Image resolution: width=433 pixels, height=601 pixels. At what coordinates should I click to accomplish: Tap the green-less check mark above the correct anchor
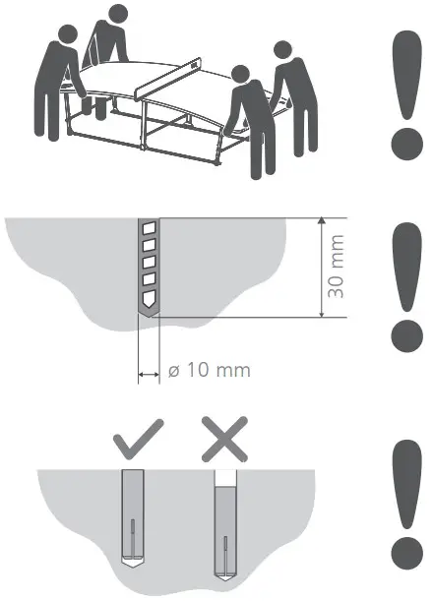point(138,440)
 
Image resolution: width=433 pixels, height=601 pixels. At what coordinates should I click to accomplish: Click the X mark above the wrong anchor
point(224,439)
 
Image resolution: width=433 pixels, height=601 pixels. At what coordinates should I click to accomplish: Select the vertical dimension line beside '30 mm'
point(321,268)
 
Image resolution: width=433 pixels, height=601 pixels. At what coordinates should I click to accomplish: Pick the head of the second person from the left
point(118,14)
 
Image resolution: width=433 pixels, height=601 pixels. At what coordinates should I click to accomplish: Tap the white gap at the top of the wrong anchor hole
point(225,477)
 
